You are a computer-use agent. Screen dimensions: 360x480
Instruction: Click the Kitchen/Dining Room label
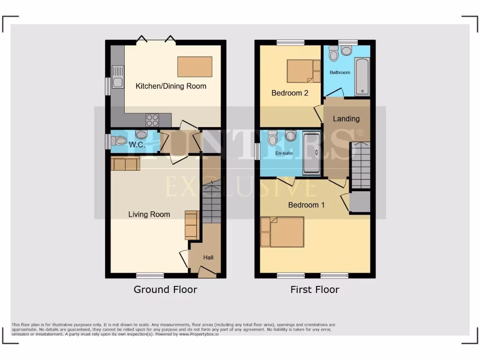(x=171, y=86)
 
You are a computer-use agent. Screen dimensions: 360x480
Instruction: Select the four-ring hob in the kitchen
(x=152, y=120)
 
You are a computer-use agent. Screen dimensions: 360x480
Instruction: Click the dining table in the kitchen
(x=194, y=67)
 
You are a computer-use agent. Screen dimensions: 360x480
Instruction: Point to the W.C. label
(x=137, y=145)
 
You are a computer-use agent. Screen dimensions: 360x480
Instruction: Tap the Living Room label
(x=149, y=214)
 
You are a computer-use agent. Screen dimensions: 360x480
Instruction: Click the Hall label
(x=208, y=257)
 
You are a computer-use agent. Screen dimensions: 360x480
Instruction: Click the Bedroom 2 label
(x=290, y=93)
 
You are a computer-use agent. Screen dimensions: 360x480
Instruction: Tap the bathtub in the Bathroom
(x=362, y=76)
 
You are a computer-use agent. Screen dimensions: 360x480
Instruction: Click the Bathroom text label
(x=340, y=73)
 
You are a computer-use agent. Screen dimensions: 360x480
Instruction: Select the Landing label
(x=346, y=119)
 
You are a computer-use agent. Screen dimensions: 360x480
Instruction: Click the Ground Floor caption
(x=165, y=289)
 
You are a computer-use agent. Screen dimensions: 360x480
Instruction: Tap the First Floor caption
(x=315, y=289)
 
